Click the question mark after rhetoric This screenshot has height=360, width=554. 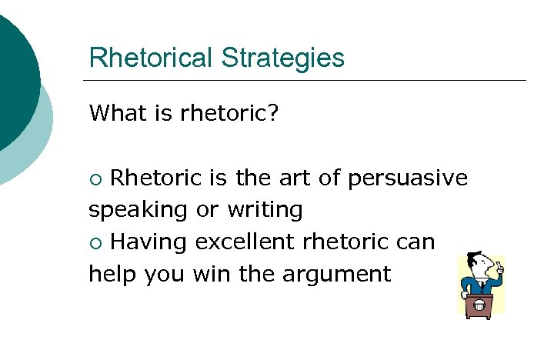coord(273,114)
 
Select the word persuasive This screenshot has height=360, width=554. coord(408,178)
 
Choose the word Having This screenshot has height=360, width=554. coord(149,242)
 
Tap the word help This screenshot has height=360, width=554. coord(111,274)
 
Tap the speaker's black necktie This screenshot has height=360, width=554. coord(482,285)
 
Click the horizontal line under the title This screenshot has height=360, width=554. coord(304,80)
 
